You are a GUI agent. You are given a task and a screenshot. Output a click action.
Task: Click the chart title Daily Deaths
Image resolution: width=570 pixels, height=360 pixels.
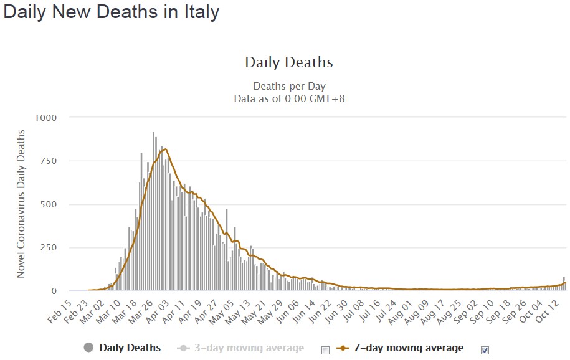coord(289,62)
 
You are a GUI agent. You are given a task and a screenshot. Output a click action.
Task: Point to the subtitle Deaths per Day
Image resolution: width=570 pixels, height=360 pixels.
coord(289,87)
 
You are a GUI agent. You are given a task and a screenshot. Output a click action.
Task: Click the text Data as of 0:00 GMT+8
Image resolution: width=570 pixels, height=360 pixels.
coord(289,98)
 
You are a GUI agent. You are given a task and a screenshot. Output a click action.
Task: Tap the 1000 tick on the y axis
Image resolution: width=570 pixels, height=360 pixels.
coord(46,118)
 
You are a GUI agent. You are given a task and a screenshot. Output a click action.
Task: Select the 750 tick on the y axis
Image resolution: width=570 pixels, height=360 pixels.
coord(49,161)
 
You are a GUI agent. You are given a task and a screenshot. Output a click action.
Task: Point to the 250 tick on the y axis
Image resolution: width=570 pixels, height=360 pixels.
coord(49,248)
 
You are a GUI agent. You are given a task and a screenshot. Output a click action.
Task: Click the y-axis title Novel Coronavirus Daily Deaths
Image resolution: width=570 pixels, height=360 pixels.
coord(21,204)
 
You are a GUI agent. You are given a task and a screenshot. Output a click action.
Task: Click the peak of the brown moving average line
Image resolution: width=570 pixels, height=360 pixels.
coord(166,149)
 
